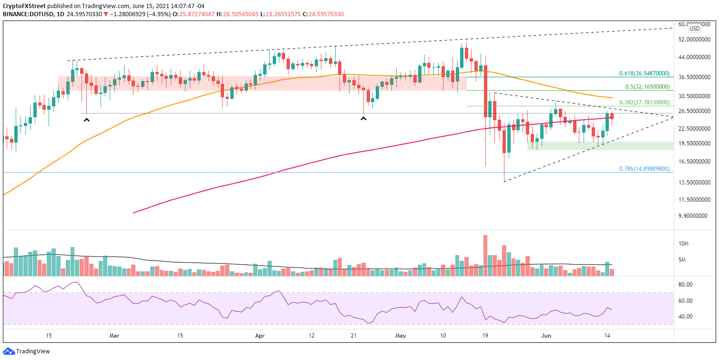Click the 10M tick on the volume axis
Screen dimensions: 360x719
(x=684, y=244)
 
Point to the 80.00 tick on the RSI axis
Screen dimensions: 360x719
(x=686, y=285)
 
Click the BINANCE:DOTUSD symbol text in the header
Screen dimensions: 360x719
(x=26, y=14)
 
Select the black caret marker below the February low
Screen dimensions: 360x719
(x=86, y=120)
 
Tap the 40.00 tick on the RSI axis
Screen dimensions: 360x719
(x=686, y=317)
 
